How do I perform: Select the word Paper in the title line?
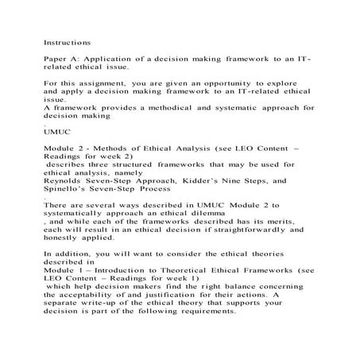point(57,59)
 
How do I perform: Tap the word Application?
point(110,59)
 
